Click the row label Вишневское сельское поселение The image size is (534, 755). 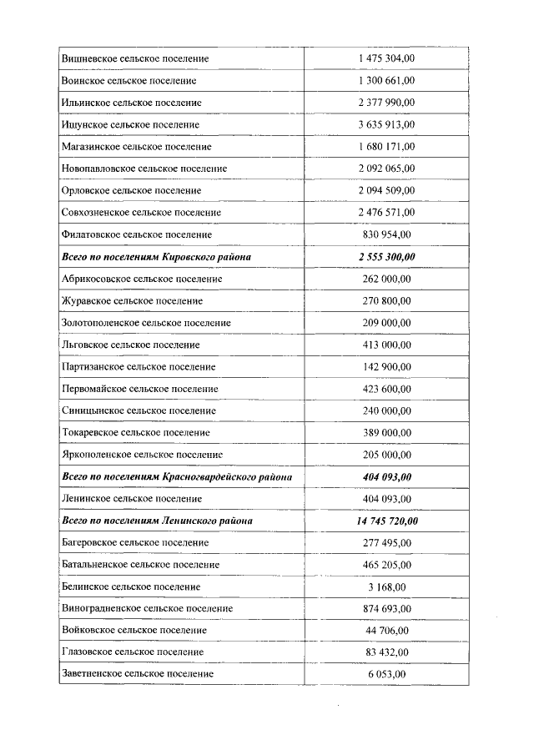click(134, 59)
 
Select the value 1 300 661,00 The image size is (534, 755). click(385, 81)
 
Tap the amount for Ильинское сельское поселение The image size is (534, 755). click(385, 103)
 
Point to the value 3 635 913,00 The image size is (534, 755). click(385, 124)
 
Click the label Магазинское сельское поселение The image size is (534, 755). click(136, 147)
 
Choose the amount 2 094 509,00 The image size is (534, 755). click(385, 191)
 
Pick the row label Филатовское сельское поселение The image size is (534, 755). click(136, 234)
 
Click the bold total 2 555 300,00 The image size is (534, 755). click(385, 257)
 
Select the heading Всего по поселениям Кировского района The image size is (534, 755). click(156, 257)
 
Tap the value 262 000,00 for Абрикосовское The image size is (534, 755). click(386, 279)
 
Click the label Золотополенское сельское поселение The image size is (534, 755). click(146, 323)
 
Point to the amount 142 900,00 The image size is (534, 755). click(386, 366)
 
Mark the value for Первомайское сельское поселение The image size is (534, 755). click(386, 389)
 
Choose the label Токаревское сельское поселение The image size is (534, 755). click(136, 433)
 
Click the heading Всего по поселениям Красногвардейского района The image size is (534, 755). click(176, 477)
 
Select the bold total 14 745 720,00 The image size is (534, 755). click(385, 521)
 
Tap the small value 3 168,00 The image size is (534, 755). click(386, 586)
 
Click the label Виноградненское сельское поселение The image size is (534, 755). click(147, 609)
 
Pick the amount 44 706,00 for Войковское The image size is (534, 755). click(386, 631)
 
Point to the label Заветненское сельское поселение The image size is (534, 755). click(138, 673)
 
